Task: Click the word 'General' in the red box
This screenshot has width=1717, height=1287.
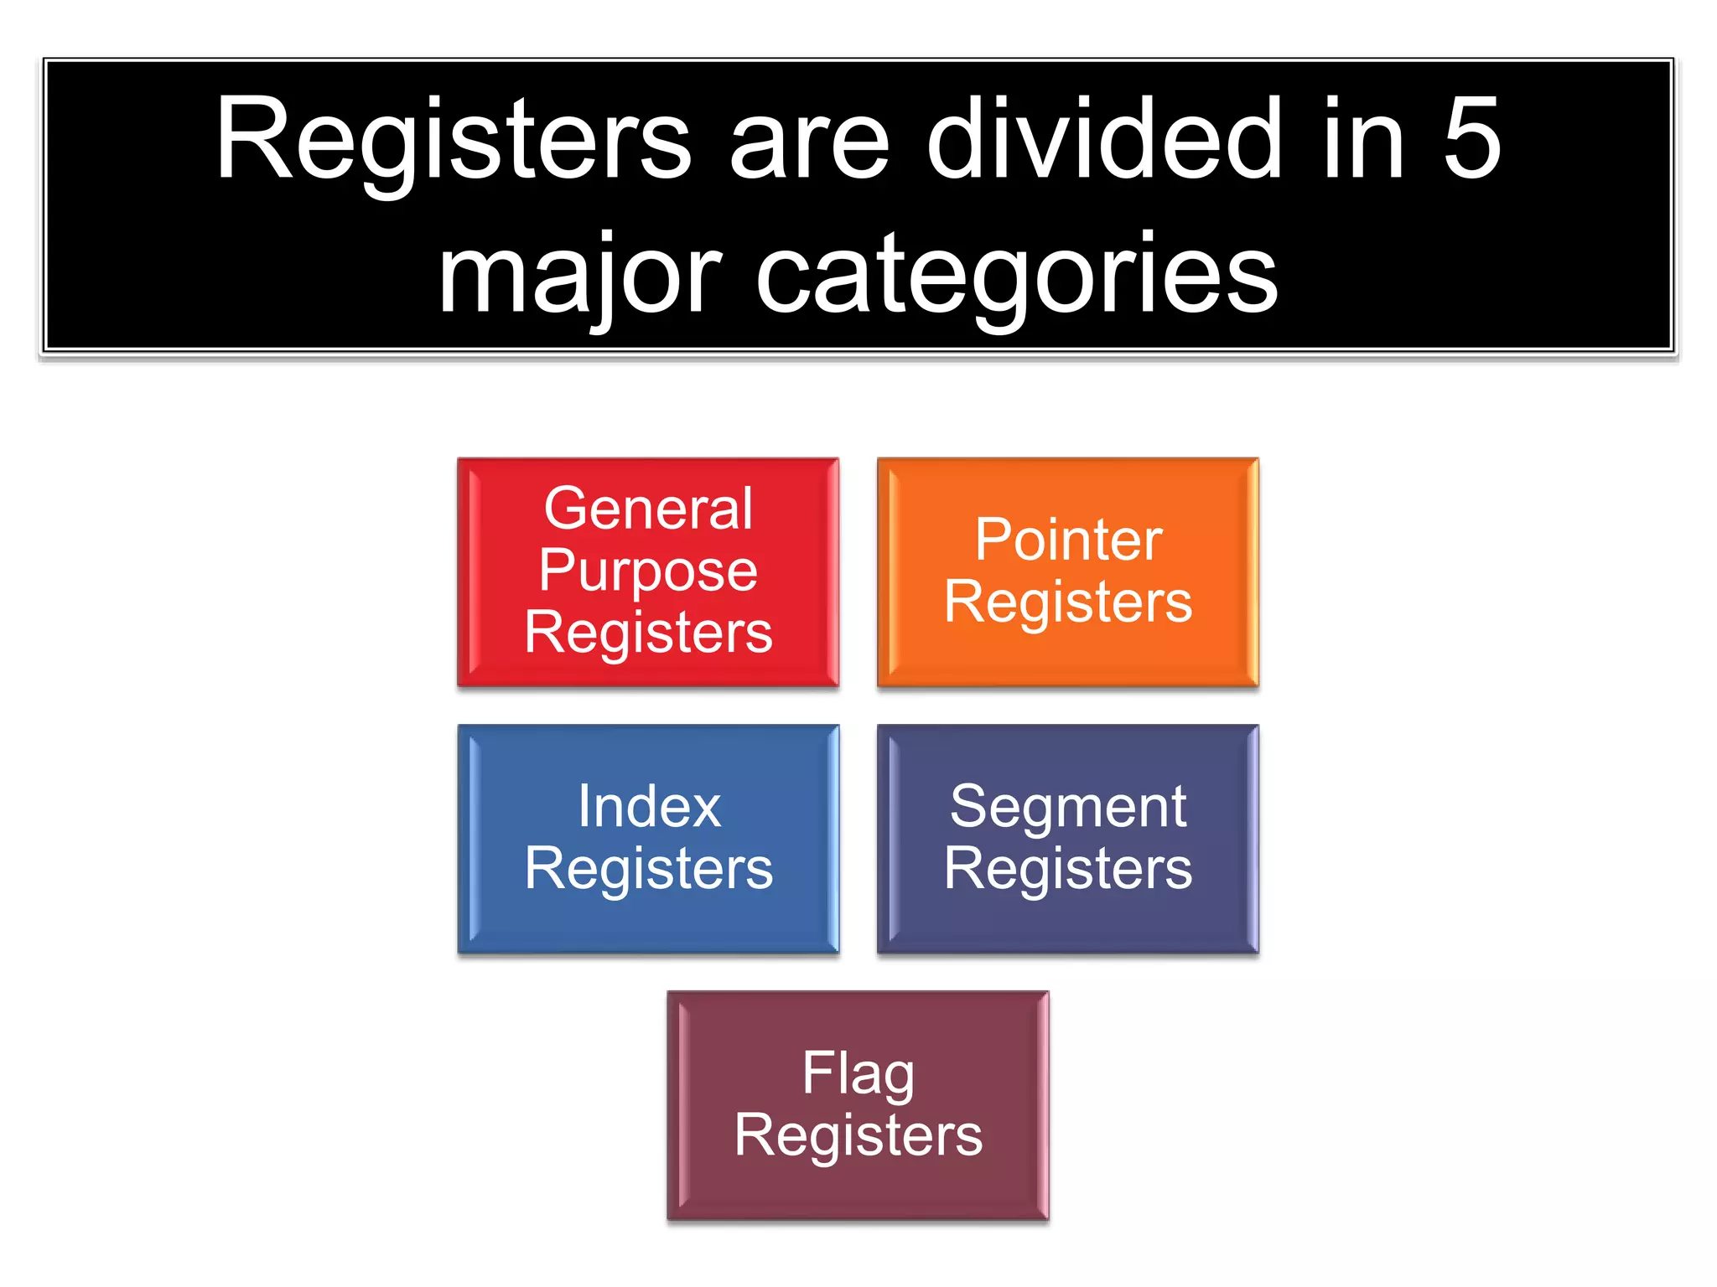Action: (648, 509)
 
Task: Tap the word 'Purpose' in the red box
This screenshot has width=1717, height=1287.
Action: (648, 571)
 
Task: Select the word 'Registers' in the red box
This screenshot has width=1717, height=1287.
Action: (648, 632)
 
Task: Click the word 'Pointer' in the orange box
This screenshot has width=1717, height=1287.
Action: (1068, 540)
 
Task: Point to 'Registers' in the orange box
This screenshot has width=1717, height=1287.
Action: (1068, 602)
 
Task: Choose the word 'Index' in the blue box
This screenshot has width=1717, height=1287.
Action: (649, 806)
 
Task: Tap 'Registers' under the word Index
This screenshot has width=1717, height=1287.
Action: (648, 869)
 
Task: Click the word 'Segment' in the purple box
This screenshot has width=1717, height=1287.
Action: (1068, 806)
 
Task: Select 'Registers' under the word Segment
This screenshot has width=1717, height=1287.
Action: (1068, 869)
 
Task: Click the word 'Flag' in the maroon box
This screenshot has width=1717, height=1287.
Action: (858, 1073)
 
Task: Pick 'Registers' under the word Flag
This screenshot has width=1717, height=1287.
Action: (858, 1135)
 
